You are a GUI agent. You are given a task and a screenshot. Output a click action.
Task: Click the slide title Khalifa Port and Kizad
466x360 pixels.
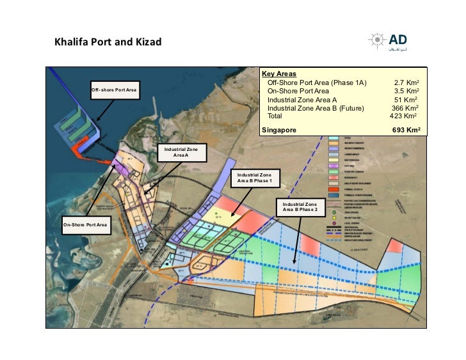[108, 43]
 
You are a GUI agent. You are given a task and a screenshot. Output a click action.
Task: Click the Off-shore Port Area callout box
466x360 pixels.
[113, 90]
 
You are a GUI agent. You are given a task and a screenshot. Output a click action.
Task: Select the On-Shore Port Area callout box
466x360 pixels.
[84, 225]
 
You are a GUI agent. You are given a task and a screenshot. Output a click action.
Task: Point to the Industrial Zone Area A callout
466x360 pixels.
[181, 152]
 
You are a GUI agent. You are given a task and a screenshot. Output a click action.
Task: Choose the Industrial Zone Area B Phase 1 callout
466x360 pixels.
[254, 178]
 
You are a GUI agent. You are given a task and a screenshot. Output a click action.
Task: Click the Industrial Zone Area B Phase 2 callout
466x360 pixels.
[300, 207]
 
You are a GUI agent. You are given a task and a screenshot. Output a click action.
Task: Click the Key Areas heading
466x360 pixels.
[279, 74]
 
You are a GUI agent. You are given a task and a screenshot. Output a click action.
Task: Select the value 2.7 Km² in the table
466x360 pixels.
[406, 83]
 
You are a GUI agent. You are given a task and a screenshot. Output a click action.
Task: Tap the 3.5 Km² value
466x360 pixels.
[406, 91]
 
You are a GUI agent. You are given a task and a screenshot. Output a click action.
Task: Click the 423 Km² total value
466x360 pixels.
[403, 116]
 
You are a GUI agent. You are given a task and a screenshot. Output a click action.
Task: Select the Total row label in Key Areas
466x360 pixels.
[275, 116]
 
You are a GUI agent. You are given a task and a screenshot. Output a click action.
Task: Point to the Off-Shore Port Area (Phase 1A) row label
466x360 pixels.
[316, 83]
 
